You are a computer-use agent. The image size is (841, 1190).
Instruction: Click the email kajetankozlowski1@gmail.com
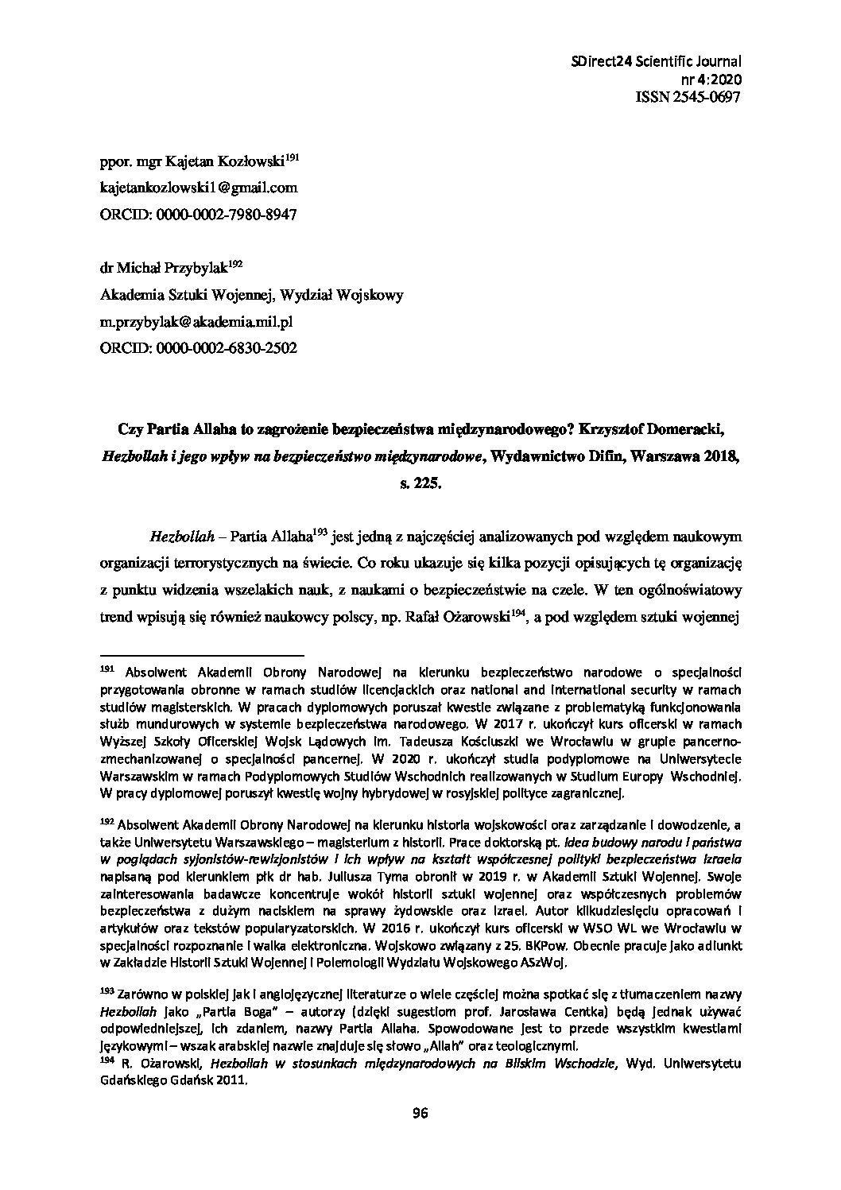pyautogui.click(x=199, y=188)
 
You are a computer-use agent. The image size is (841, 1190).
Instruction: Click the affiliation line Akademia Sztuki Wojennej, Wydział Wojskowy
pyautogui.click(x=251, y=295)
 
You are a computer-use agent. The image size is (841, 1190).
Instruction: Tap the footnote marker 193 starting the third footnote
pyautogui.click(x=108, y=993)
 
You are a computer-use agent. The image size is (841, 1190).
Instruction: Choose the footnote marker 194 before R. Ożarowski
pyautogui.click(x=108, y=1063)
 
